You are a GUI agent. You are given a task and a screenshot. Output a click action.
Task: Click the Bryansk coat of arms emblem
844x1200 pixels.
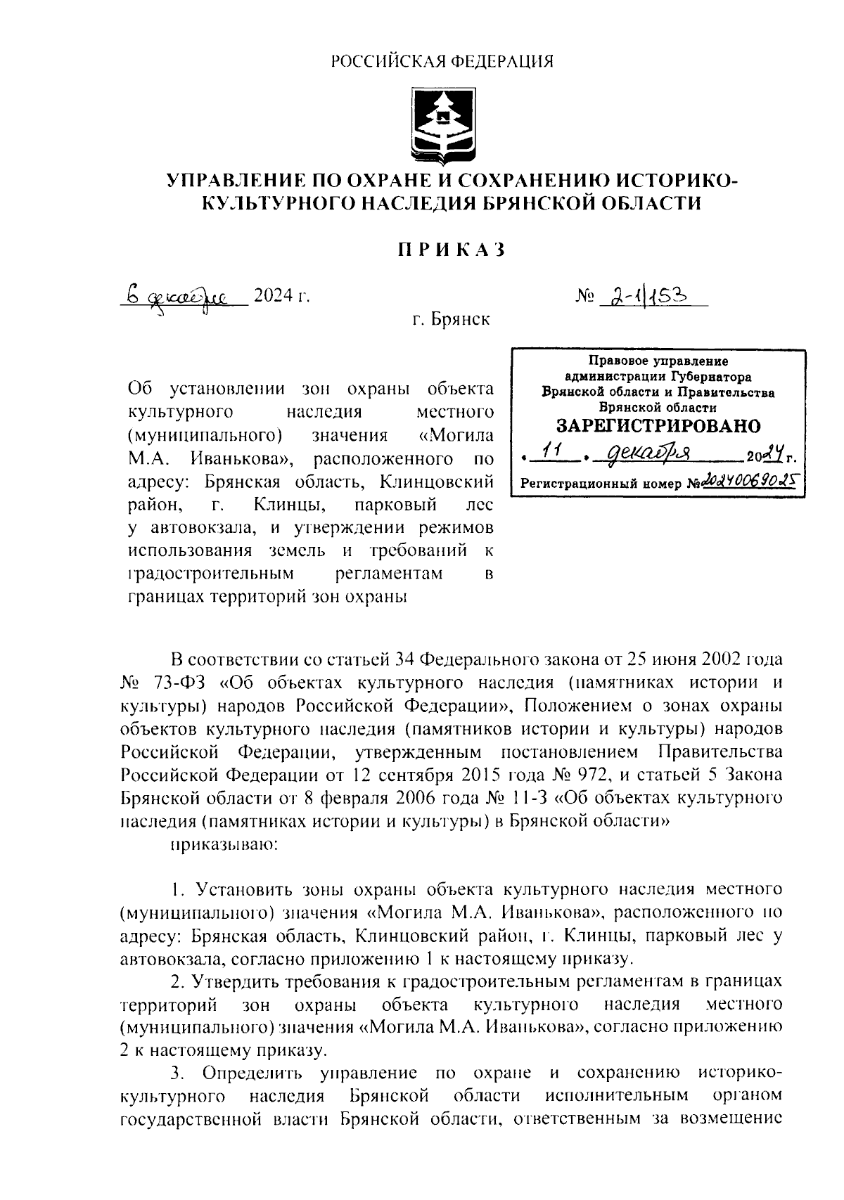tap(443, 124)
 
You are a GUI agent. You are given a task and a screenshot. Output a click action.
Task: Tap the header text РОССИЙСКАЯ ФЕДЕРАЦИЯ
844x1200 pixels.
tap(442, 62)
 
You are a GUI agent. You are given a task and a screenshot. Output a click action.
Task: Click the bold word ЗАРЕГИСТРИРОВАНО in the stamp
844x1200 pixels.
tap(658, 427)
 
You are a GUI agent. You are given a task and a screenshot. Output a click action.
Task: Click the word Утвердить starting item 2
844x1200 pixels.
tap(243, 981)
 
